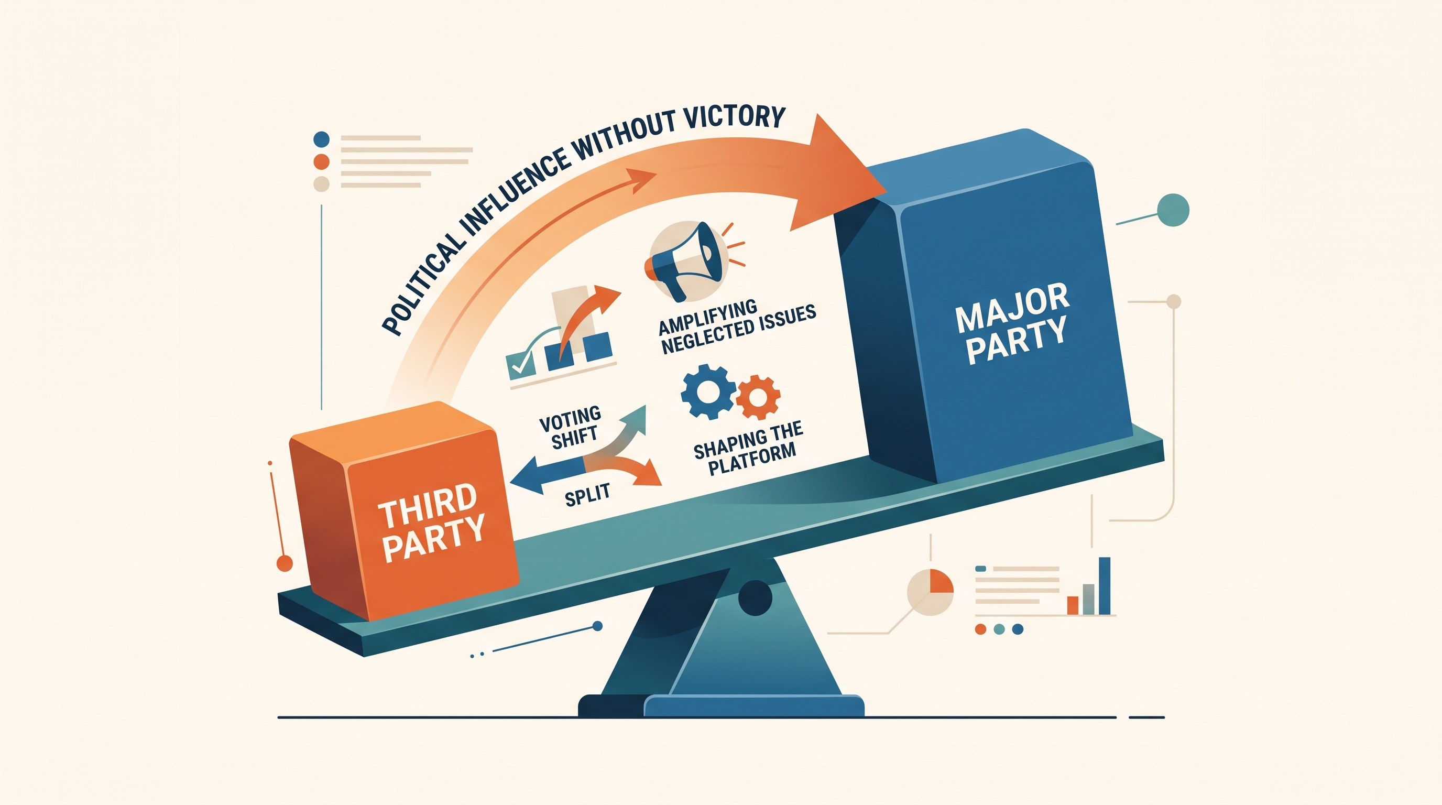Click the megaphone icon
[x=686, y=260]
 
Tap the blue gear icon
[x=707, y=391]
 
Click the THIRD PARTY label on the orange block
[x=429, y=523]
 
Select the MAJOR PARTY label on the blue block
[x=1012, y=325]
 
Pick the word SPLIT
[x=587, y=494]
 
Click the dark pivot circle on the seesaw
[x=755, y=598]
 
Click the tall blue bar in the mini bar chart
[x=1105, y=585]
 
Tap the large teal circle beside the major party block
[x=1172, y=210]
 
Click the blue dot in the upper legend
[x=322, y=139]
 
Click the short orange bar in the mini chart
[x=1073, y=605]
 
